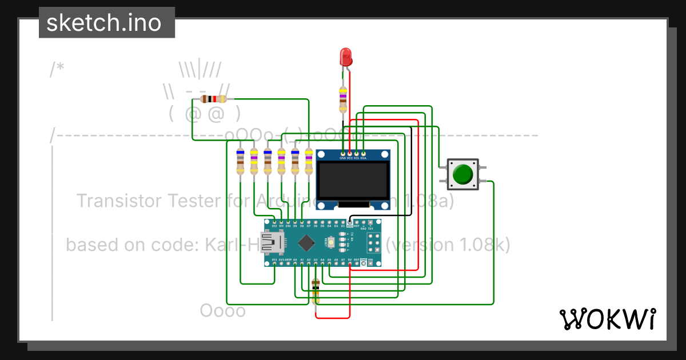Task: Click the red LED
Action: [x=346, y=56]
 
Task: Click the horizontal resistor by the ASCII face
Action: [x=213, y=99]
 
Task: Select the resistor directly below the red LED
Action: [x=343, y=100]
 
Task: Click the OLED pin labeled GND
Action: [x=343, y=153]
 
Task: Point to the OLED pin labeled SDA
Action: [x=363, y=153]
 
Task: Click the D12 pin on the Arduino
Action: [x=274, y=222]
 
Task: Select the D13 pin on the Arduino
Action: [x=274, y=264]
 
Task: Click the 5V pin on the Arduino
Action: [x=350, y=264]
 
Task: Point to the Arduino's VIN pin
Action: [x=370, y=264]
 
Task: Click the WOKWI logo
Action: [x=608, y=319]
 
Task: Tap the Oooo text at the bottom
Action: [x=222, y=311]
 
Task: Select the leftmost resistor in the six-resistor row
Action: [x=240, y=162]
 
